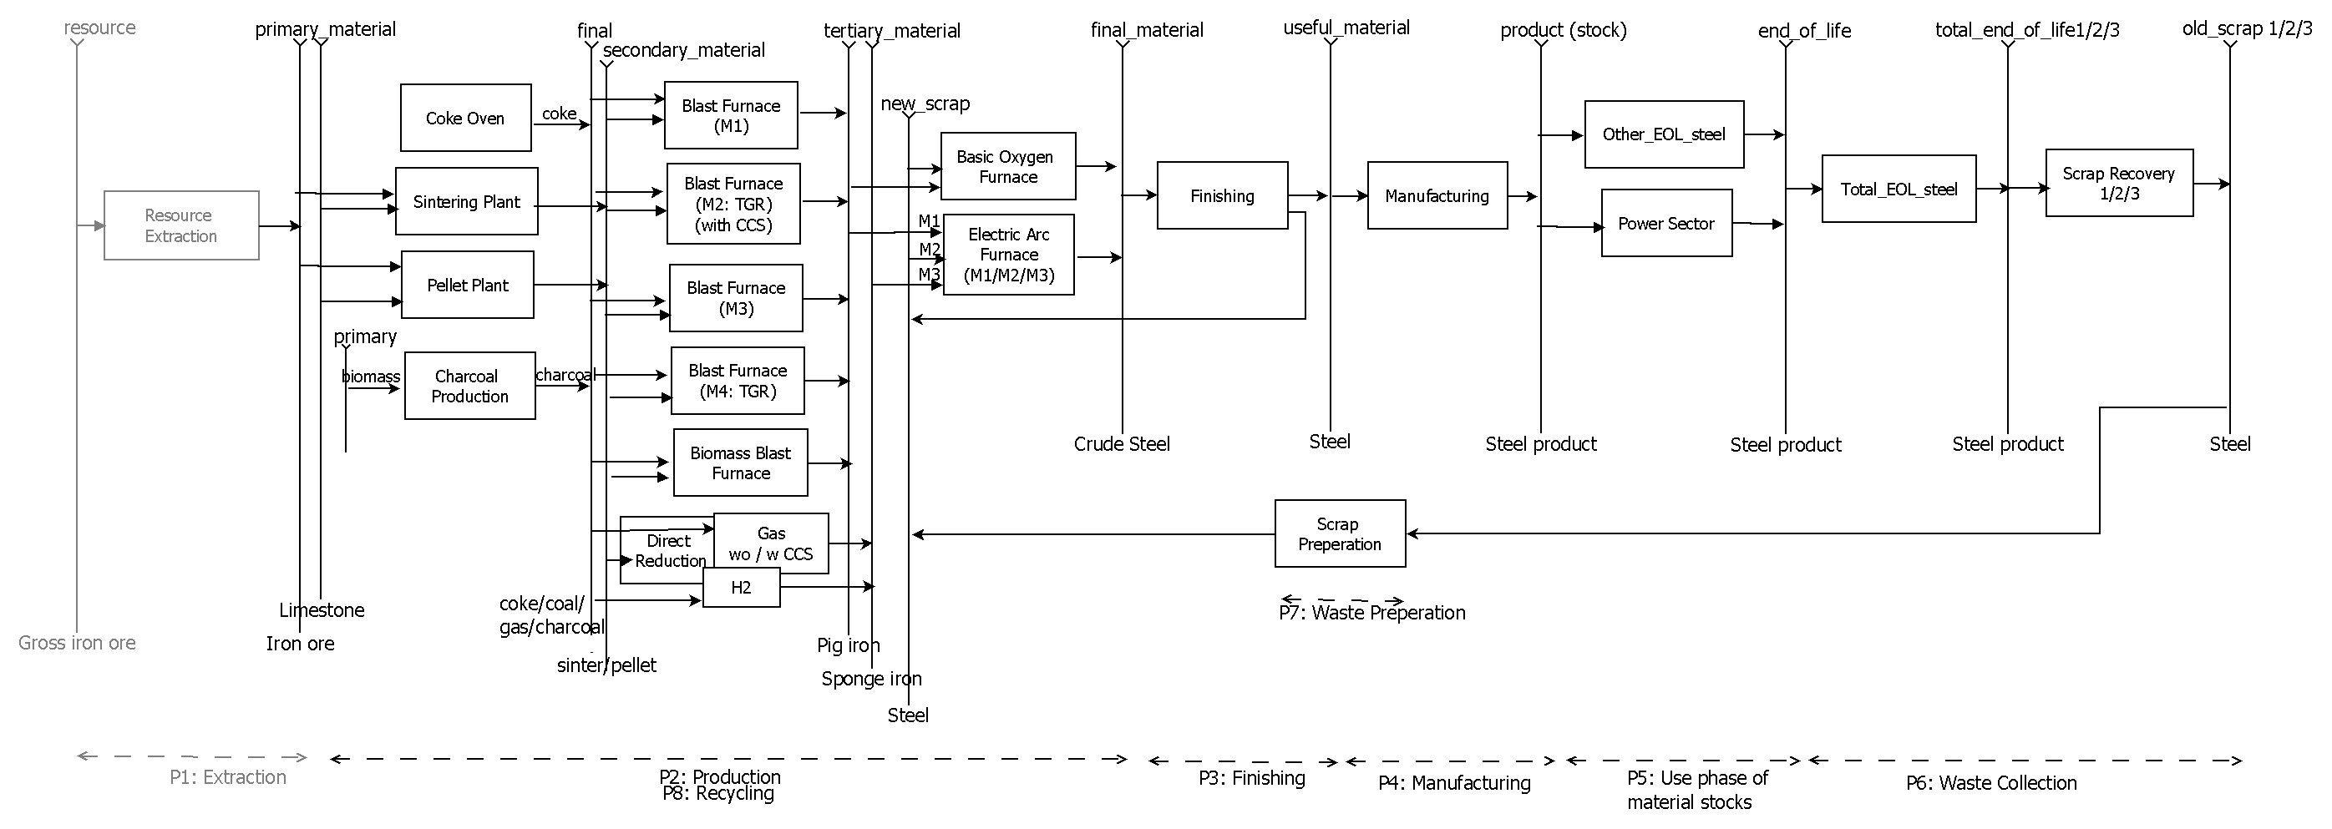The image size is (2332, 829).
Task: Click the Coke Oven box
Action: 465,118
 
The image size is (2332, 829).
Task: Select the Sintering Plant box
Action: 466,201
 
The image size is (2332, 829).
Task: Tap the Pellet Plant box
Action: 467,285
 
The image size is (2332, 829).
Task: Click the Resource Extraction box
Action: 181,225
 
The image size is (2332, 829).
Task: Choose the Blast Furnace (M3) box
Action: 736,298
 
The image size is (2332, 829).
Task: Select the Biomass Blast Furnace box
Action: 740,463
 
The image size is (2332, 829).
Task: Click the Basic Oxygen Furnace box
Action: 1007,166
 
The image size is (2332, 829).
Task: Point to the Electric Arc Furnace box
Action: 1008,255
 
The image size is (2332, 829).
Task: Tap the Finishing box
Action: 1221,195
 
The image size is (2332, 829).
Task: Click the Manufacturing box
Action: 1436,195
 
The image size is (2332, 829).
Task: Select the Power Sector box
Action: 1665,223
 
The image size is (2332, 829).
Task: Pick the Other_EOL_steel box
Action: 1663,134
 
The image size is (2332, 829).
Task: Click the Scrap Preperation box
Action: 1339,534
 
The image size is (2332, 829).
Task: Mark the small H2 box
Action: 741,588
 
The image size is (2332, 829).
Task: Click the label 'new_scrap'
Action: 925,104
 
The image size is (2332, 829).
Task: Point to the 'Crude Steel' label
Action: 1121,444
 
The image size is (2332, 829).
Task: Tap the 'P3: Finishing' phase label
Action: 1251,778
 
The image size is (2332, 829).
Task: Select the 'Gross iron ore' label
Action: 77,644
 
